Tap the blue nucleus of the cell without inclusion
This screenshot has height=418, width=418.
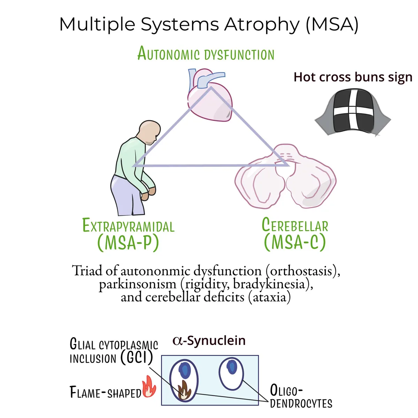[231, 366]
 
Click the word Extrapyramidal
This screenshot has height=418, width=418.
[129, 225]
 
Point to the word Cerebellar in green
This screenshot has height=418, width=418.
[295, 225]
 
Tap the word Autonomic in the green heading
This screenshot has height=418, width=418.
[169, 53]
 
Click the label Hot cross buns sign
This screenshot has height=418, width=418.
[353, 77]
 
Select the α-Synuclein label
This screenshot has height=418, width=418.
[209, 341]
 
